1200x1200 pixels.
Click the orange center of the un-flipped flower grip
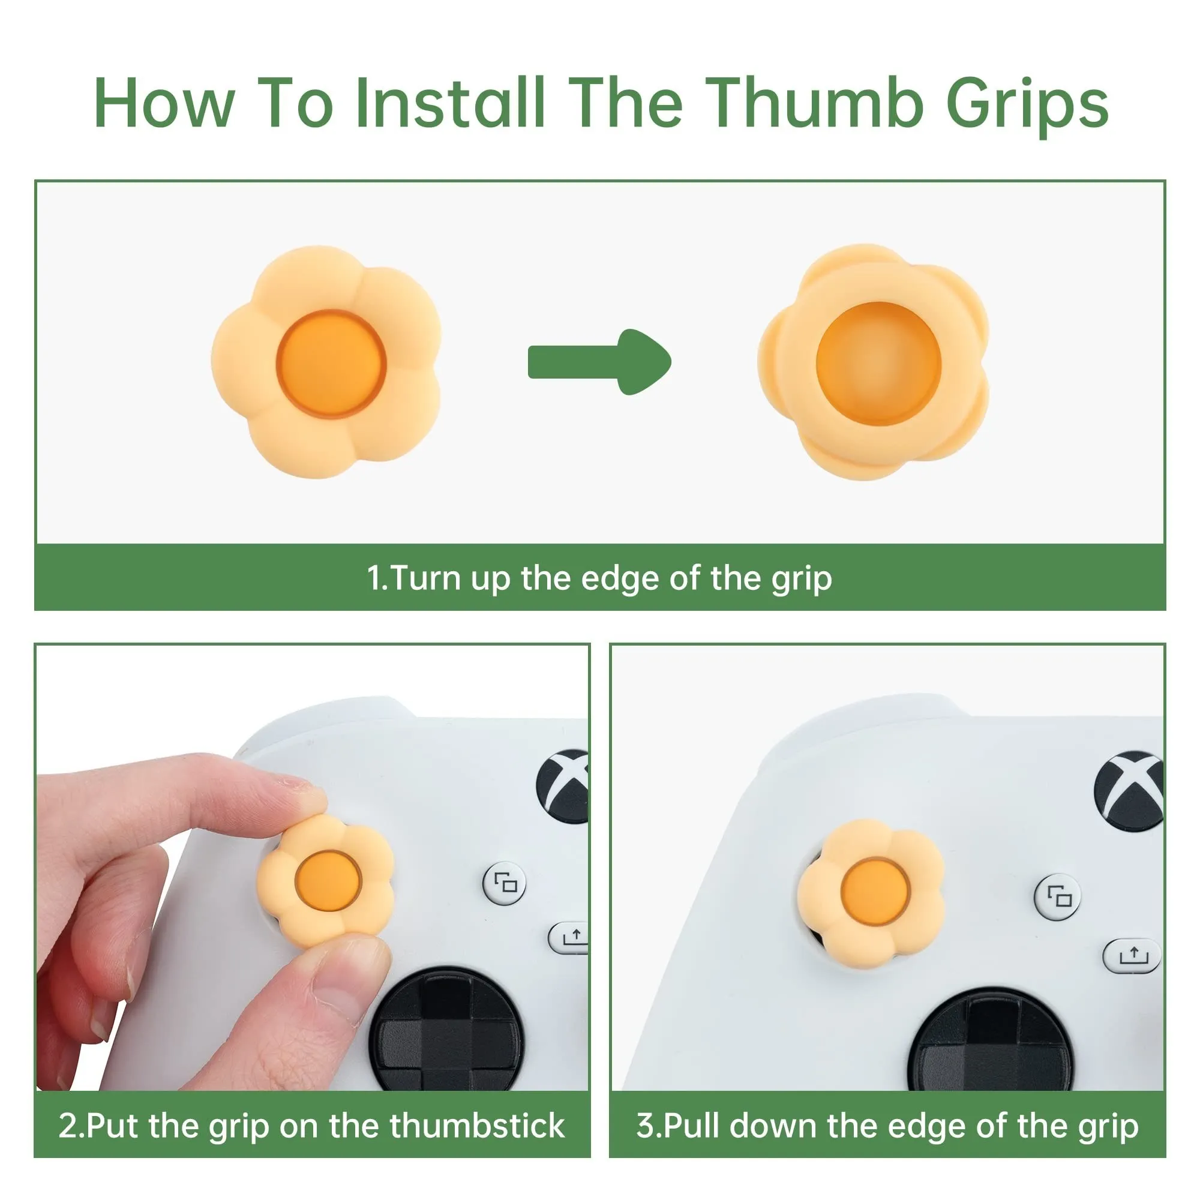tap(332, 364)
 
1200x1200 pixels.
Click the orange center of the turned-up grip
tap(878, 365)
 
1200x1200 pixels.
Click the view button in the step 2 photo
tap(505, 883)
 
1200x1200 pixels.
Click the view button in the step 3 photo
tap(1058, 896)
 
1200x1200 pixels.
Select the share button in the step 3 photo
tap(1132, 955)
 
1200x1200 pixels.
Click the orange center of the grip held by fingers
tap(328, 881)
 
